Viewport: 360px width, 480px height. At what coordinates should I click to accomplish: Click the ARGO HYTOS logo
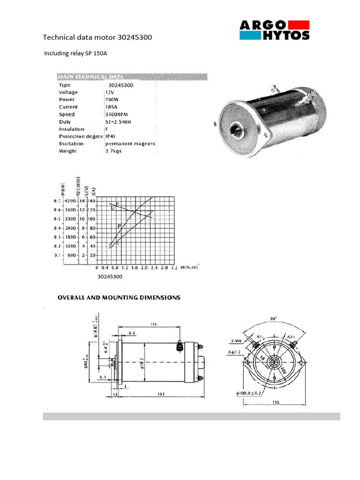point(275,30)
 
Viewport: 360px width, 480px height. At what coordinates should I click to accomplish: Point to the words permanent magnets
point(130,144)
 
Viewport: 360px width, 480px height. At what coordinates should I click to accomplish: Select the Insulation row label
point(72,129)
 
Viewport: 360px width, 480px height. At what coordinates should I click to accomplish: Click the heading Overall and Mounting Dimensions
point(119,298)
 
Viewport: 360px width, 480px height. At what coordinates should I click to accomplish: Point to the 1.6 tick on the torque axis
point(134,268)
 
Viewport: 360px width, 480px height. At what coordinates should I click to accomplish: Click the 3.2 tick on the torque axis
point(174,268)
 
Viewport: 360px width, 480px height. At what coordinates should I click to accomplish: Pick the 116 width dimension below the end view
point(277,403)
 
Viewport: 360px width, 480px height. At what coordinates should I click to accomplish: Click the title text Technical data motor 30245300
point(97,37)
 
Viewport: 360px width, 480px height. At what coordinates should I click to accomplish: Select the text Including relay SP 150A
point(75,53)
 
